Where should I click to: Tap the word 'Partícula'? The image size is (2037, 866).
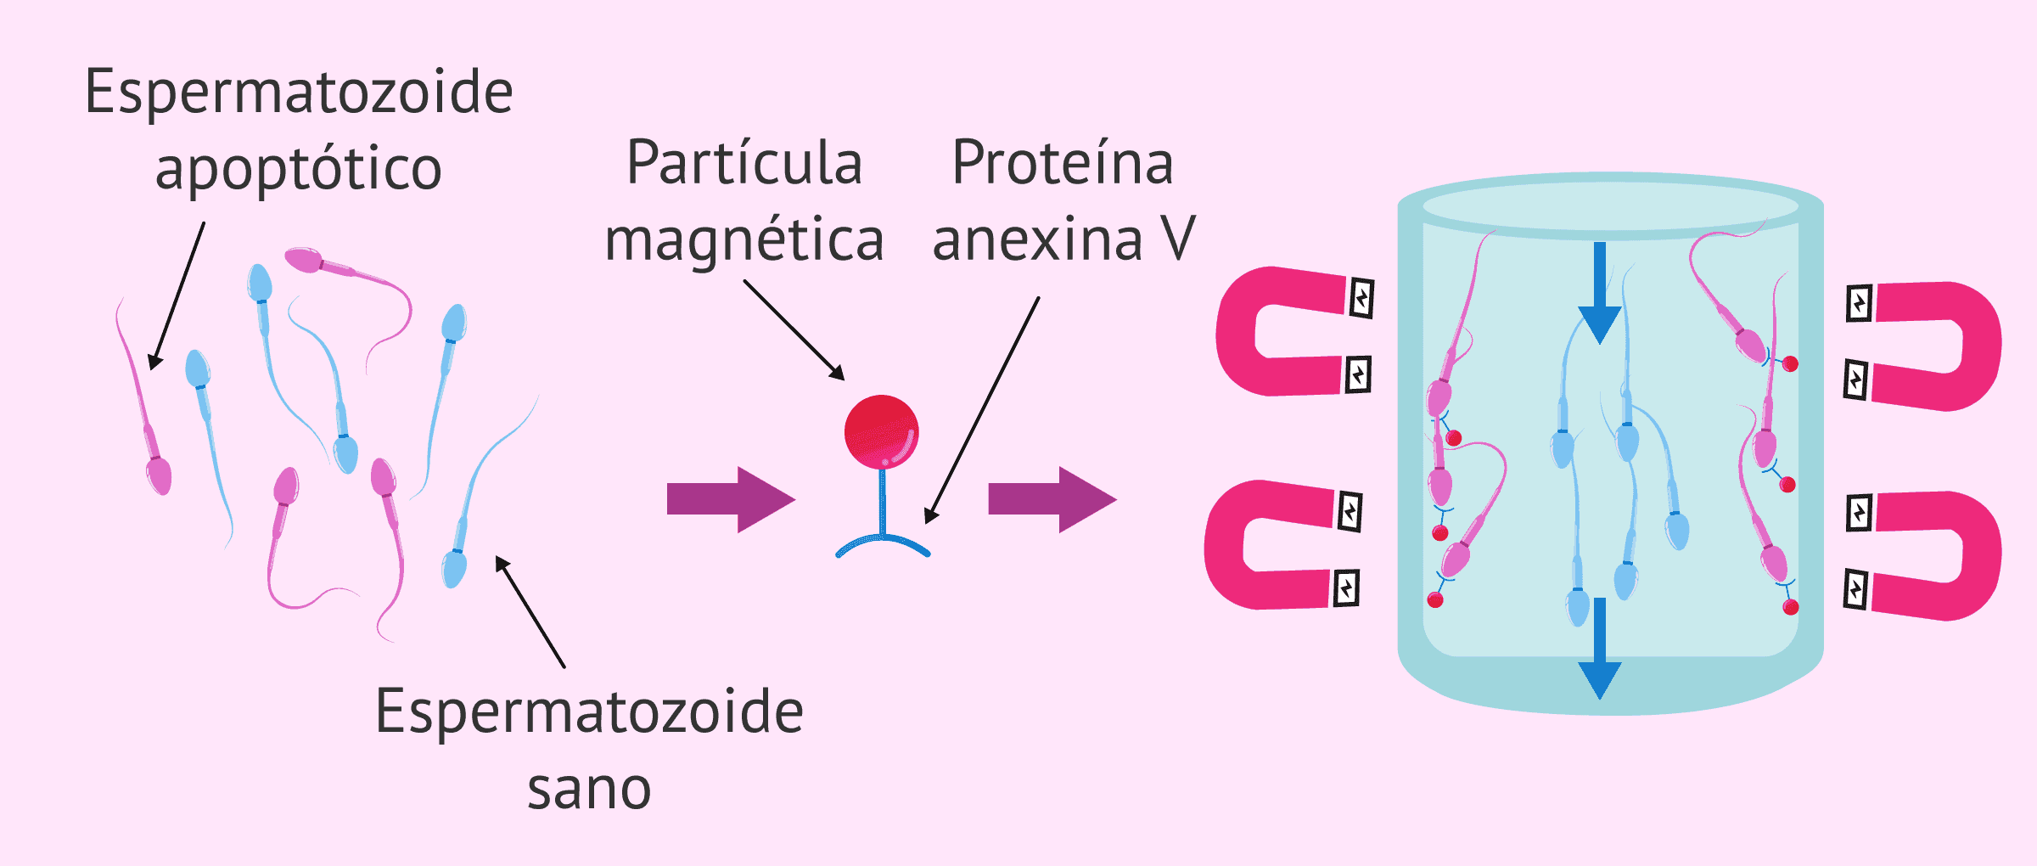[x=744, y=163]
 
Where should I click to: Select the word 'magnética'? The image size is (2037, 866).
[x=744, y=240]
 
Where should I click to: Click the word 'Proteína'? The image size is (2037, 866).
[x=1063, y=163]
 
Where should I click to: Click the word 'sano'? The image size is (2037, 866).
[x=589, y=790]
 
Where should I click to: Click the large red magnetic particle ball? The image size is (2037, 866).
[x=881, y=432]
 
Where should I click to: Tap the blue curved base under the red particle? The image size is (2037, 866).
[x=883, y=543]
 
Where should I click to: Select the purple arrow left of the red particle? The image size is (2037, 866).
[x=730, y=499]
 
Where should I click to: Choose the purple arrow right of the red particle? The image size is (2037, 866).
[x=1052, y=499]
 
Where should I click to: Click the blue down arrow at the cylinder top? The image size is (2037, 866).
[x=1600, y=293]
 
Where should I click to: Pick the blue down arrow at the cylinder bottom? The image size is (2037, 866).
[x=1600, y=649]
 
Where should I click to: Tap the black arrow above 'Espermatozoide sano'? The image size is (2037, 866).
[x=530, y=611]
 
